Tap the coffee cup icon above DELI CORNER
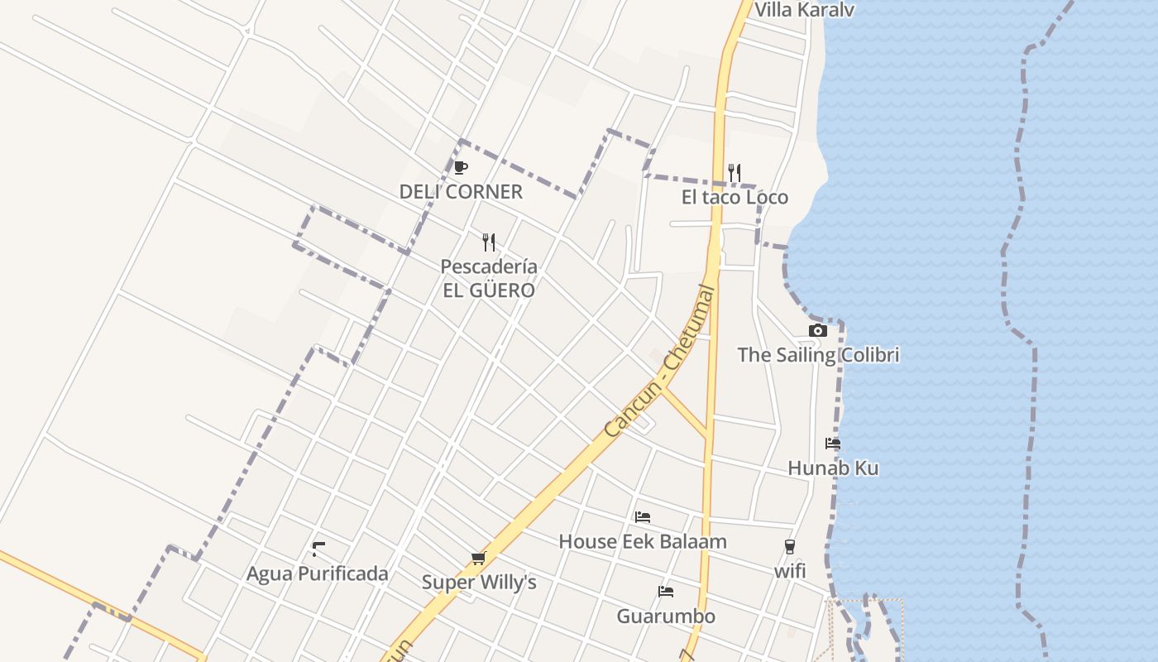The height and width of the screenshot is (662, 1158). pos(461,168)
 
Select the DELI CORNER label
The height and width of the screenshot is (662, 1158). pos(461,192)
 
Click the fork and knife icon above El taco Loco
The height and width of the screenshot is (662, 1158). pos(734,172)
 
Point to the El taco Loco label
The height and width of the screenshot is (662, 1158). pos(735,197)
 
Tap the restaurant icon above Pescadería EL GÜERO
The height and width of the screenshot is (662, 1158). pos(489,242)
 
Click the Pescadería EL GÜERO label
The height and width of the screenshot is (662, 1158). pos(488,278)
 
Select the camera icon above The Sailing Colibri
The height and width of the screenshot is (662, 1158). pos(817,331)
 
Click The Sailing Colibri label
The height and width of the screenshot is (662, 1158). pos(817,355)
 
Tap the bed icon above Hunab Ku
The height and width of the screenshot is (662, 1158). pos(833,444)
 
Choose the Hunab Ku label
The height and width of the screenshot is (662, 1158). pos(833,468)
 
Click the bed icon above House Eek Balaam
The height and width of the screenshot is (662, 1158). pos(643,517)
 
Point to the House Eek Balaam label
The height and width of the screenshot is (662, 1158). pos(643,542)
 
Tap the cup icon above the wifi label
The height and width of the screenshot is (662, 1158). pos(790,547)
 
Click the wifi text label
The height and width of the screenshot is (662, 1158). pos(790,571)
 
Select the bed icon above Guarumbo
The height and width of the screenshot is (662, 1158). pos(666,592)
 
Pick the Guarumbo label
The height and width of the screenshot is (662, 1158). pos(666,616)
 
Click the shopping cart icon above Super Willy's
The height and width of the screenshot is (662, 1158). pos(478,559)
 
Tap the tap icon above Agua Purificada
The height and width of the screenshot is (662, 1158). pos(318,549)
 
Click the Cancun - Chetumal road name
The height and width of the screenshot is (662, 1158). pos(659,362)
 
